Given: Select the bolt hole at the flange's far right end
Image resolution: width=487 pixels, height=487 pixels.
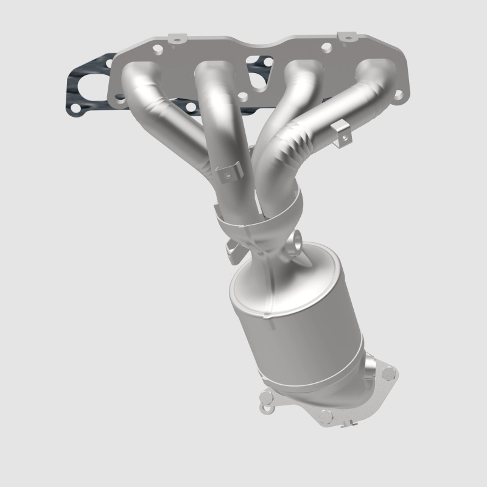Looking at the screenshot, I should click(x=399, y=93).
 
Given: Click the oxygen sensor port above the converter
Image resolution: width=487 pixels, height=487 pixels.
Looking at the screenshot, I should click(x=296, y=242).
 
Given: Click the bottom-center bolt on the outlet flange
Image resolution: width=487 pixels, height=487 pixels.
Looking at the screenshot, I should click(x=326, y=416).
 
